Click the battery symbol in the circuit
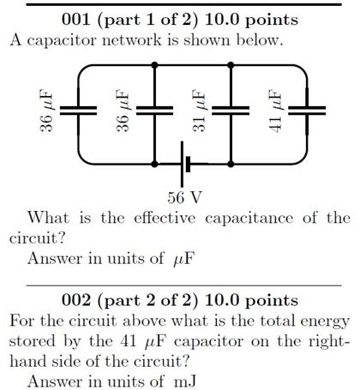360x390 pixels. coord(183,164)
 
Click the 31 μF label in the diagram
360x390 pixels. coord(199,111)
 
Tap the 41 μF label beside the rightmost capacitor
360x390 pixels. coord(275,111)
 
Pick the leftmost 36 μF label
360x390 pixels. coord(47,111)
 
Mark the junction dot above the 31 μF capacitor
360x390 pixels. coord(231,64)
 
